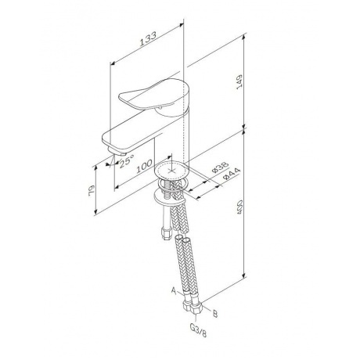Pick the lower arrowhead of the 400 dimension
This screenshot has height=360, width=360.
(x=243, y=277)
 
